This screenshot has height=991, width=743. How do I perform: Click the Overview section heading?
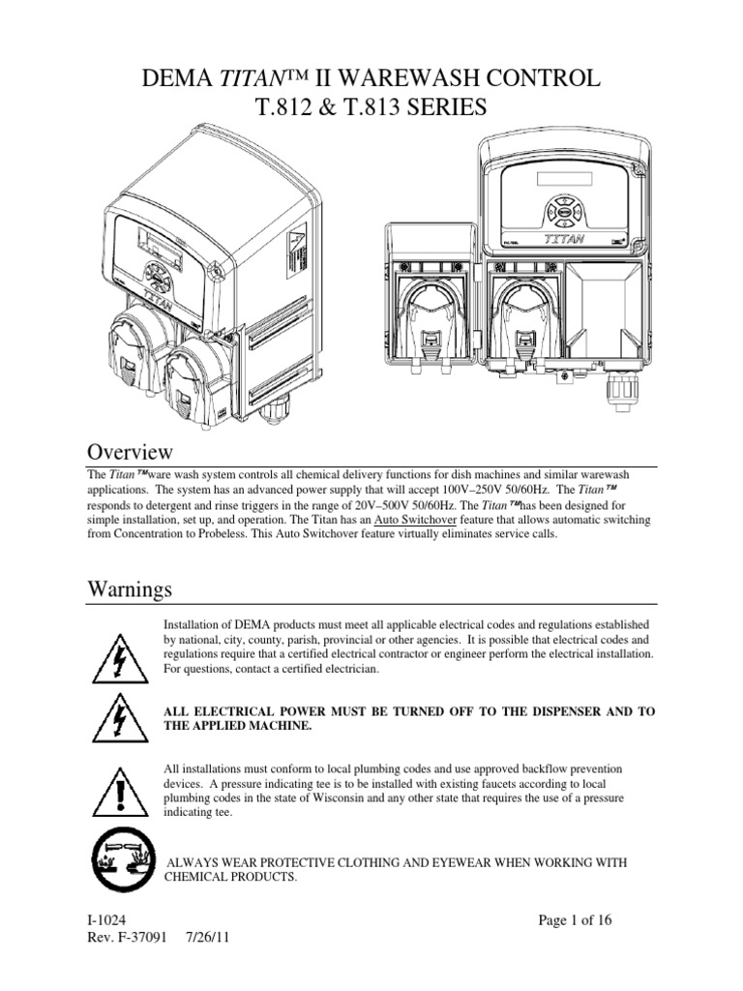coord(131,452)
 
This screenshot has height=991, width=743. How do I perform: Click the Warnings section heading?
coord(132,588)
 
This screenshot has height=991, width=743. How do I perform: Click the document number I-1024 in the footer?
coord(105,919)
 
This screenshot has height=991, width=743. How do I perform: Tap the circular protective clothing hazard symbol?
coord(118,858)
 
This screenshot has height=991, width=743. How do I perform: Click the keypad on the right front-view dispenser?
coord(559,209)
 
